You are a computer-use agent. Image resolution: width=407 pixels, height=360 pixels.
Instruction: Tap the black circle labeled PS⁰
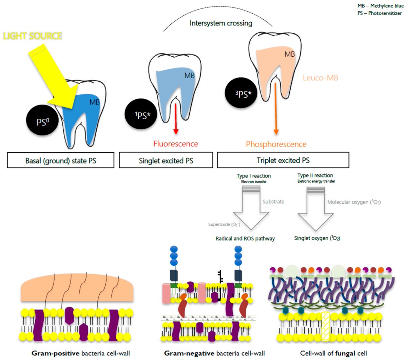point(43,120)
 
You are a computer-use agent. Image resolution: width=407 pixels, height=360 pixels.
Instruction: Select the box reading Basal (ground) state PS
point(60,160)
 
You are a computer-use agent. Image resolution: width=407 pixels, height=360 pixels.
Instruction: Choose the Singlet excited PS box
point(166,160)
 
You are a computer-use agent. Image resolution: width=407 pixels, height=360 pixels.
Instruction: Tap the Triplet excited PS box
point(283,160)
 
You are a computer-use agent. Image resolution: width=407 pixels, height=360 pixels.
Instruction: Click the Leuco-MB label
point(320,78)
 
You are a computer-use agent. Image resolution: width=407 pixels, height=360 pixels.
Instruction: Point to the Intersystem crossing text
point(221,23)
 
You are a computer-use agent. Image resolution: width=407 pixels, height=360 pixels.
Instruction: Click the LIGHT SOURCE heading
point(33,36)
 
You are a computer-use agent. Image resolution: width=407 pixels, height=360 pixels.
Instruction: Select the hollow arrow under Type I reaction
point(251,210)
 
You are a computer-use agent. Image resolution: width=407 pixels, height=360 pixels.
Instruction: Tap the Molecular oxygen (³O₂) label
point(354,202)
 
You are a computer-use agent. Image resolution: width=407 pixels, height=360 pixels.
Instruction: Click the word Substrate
point(273,202)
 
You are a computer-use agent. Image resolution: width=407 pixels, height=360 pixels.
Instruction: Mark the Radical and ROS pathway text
point(245,239)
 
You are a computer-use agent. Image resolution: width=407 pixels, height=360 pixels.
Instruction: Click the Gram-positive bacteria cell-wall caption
point(80,353)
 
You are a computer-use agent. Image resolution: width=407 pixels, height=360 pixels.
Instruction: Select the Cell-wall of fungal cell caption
point(333,353)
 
